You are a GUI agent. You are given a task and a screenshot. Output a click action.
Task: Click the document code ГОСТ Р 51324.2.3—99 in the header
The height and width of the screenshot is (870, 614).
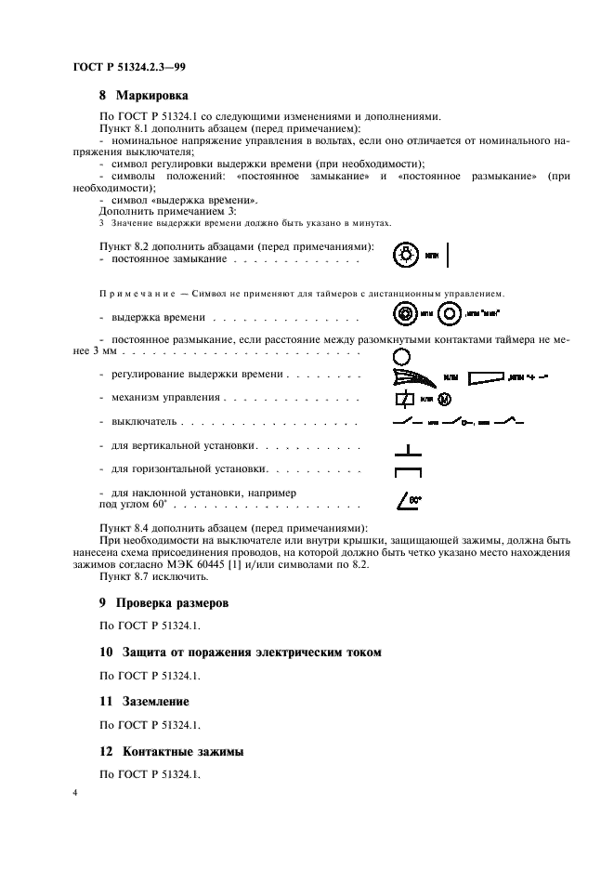130,66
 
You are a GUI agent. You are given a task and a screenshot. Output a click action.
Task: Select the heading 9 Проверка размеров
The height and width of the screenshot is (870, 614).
163,602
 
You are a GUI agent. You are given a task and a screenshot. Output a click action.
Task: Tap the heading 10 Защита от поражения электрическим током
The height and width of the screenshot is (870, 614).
240,652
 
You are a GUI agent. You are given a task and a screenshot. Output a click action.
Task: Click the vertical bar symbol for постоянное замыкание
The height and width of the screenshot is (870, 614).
448,255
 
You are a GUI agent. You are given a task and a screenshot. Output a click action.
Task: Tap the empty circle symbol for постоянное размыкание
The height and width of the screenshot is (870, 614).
401,355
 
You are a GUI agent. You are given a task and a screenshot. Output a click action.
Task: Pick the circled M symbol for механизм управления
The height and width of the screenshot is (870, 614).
443,399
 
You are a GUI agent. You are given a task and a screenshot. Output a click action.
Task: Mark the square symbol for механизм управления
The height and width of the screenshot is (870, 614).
403,399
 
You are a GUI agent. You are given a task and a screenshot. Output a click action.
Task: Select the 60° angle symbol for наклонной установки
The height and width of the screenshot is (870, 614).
409,502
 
